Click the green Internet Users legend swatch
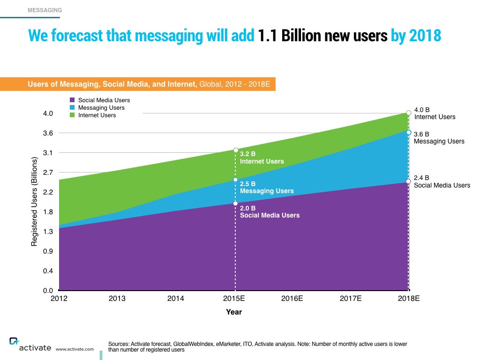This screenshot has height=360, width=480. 72,115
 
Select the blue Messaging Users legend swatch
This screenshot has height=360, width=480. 72,107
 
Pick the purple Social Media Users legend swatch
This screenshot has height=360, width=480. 72,100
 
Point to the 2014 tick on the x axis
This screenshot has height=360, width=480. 175,299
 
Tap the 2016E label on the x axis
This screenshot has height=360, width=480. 292,299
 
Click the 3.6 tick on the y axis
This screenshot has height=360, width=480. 48,133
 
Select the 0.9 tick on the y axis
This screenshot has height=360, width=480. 48,251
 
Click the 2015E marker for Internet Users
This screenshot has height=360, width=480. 235,150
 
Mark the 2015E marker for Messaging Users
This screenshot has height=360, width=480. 235,180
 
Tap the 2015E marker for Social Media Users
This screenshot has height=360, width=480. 235,203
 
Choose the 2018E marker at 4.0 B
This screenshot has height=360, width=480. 409,112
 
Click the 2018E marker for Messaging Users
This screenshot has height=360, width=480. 409,132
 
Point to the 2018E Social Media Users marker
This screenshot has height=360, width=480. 408,181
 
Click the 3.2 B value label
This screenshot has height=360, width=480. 248,154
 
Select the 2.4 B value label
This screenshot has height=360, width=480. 421,178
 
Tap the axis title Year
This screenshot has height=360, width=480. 234,312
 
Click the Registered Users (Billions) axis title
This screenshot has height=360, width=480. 34,202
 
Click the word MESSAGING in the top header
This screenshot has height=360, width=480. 45,10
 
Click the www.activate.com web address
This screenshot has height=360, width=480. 75,349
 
